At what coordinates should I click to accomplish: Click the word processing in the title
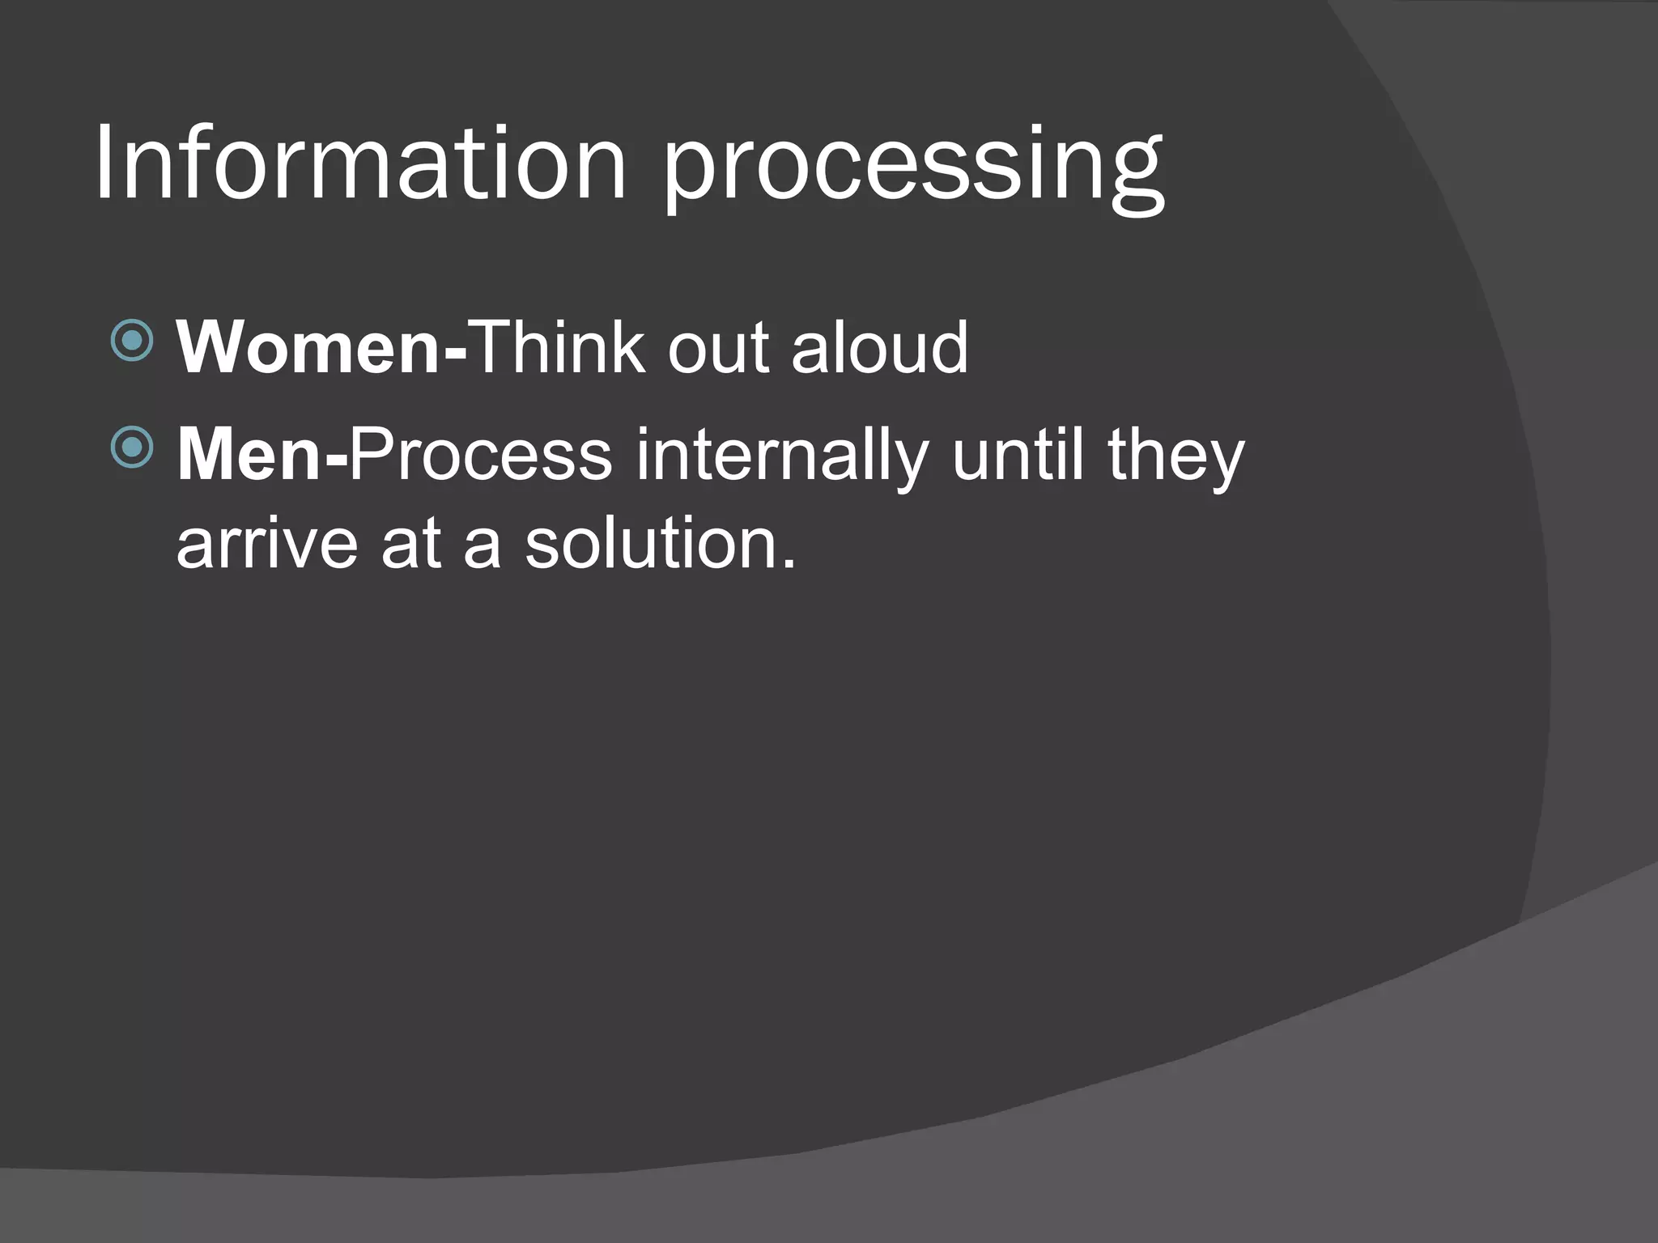point(913,170)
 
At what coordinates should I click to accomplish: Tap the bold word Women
point(308,347)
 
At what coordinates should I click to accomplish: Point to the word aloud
point(879,347)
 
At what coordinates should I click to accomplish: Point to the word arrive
point(267,544)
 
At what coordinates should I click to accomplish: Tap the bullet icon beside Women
point(131,340)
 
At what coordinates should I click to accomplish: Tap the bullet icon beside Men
point(131,447)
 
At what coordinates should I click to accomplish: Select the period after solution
point(789,563)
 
